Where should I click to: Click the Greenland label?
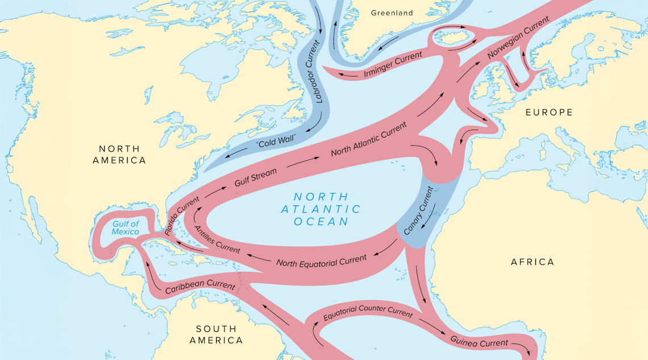click(392, 13)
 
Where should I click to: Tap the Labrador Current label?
click(318, 71)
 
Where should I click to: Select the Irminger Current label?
click(393, 64)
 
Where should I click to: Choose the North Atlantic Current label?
click(369, 139)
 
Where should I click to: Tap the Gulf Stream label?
click(256, 177)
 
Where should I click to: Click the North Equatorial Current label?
click(321, 261)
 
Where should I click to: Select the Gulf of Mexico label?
click(125, 227)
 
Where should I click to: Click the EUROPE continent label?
click(549, 113)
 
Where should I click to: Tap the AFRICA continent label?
click(532, 262)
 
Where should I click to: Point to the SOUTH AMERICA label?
click(216, 334)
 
